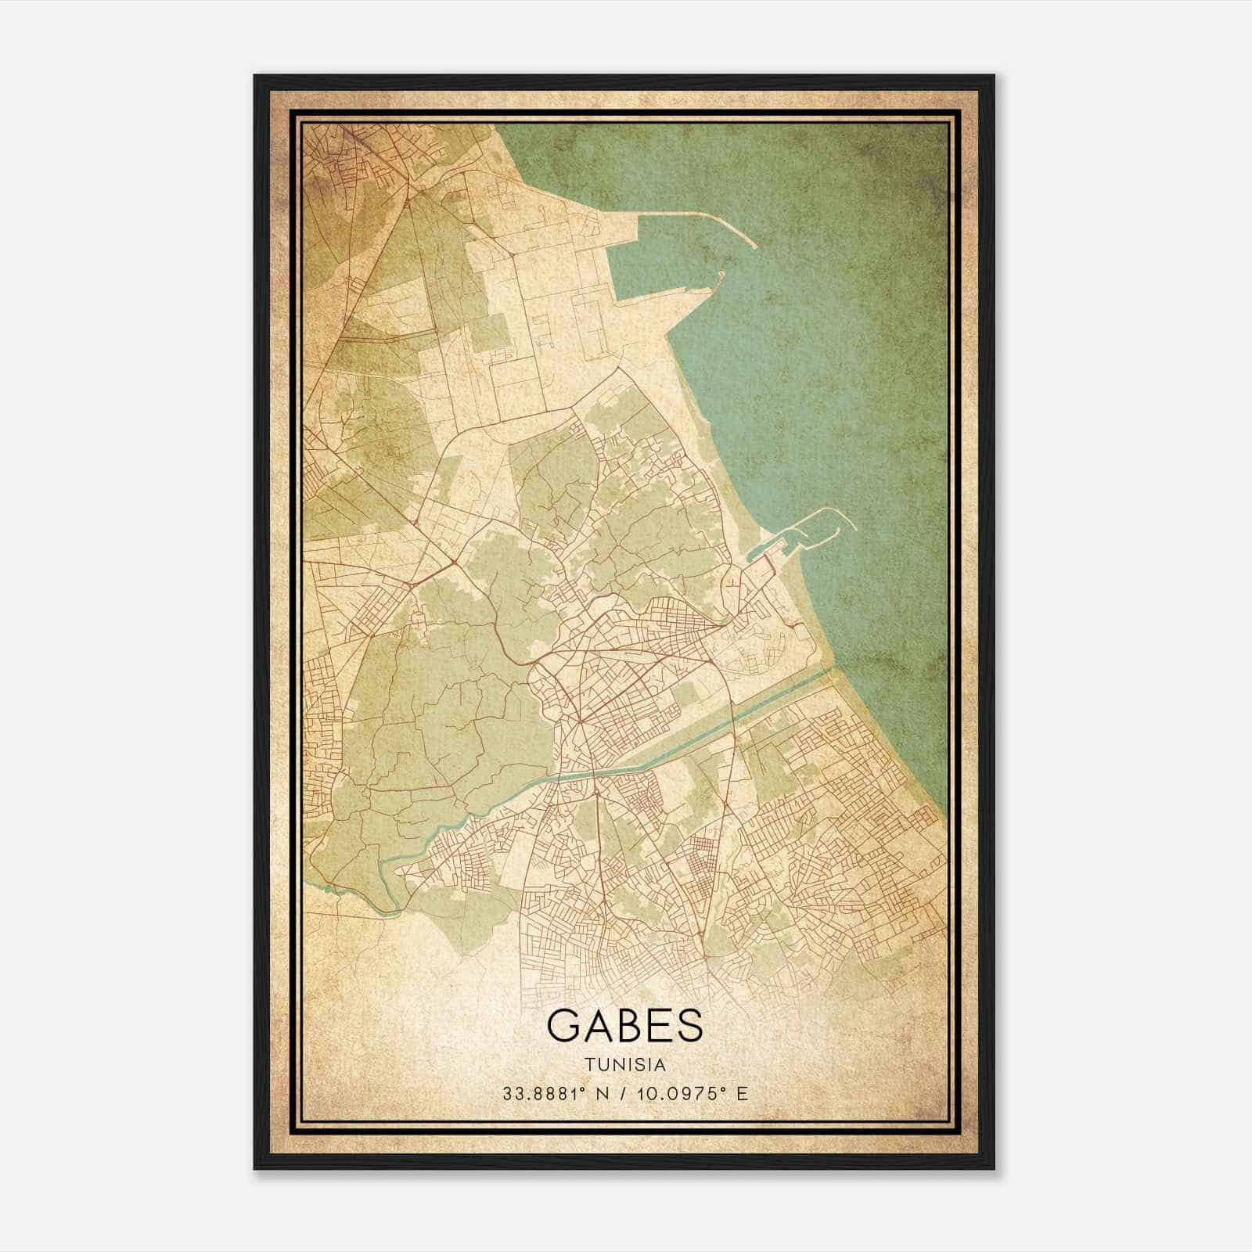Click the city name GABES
[624, 1025]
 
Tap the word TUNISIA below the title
[624, 1065]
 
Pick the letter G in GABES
[563, 1025]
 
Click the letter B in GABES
[626, 1025]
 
